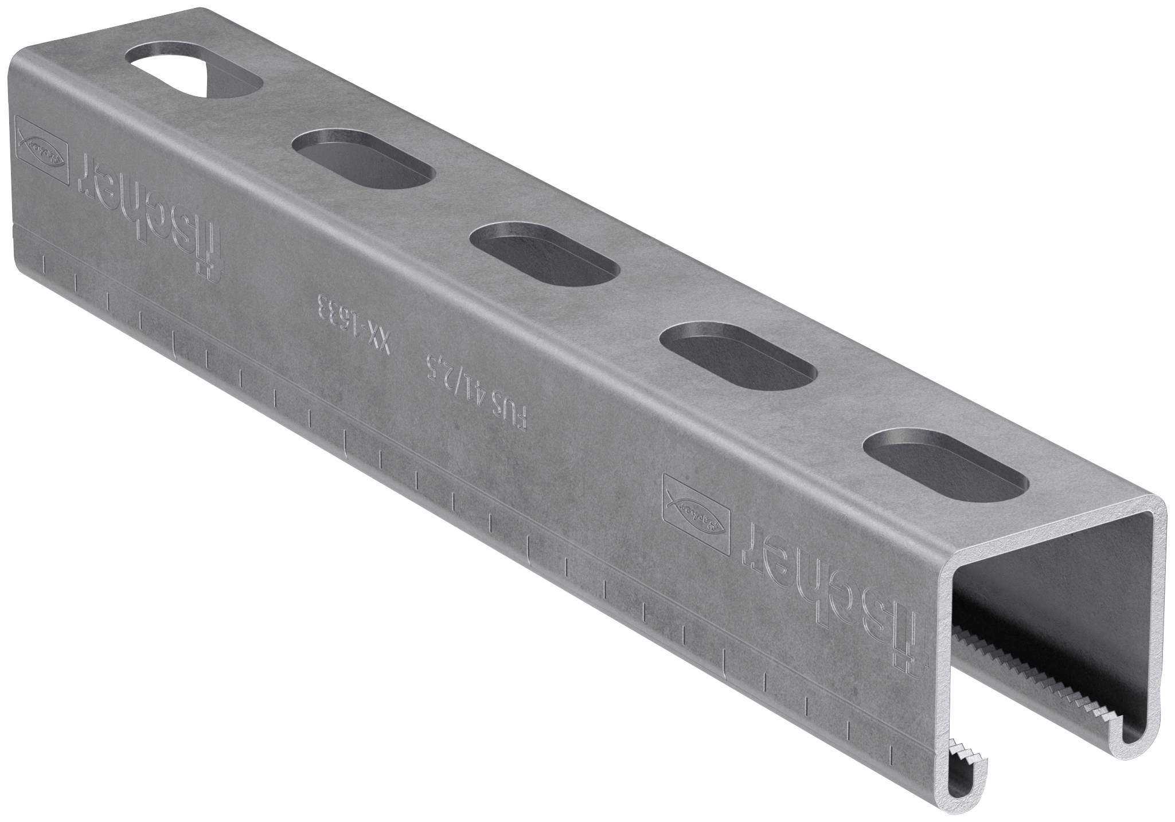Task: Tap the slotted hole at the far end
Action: coord(193,76)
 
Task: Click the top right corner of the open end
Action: coord(1158,507)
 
